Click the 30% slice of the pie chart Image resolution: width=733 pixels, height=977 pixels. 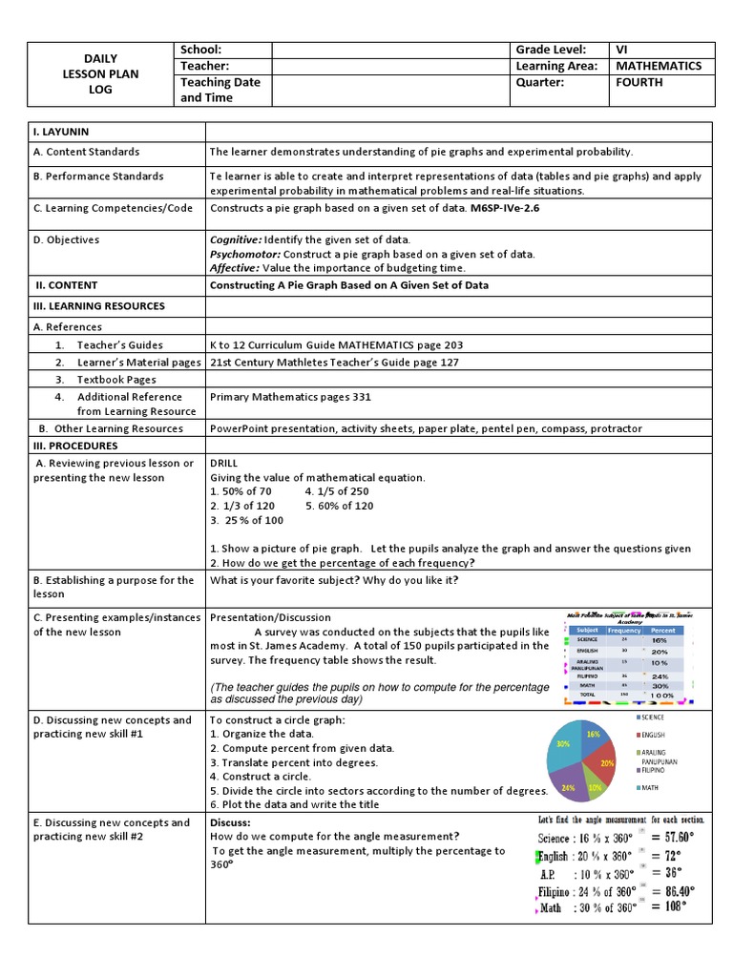[x=566, y=747]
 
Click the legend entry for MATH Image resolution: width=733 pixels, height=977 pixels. [x=651, y=787]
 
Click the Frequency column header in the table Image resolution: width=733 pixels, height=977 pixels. [x=623, y=631]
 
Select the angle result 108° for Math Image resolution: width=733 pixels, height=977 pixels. [x=677, y=906]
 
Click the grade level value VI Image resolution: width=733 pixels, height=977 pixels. [x=622, y=50]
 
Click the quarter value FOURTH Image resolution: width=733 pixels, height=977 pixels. [x=639, y=82]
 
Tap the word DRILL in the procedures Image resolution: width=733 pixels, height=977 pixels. [x=223, y=464]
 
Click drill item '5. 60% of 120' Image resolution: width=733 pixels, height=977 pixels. [x=339, y=506]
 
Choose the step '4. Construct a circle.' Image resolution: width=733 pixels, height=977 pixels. [x=260, y=777]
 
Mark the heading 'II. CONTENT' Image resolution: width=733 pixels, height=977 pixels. [x=66, y=285]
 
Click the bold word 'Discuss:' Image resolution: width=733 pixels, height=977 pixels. [x=230, y=822]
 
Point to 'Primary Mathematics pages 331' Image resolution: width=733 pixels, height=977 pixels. [x=290, y=397]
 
